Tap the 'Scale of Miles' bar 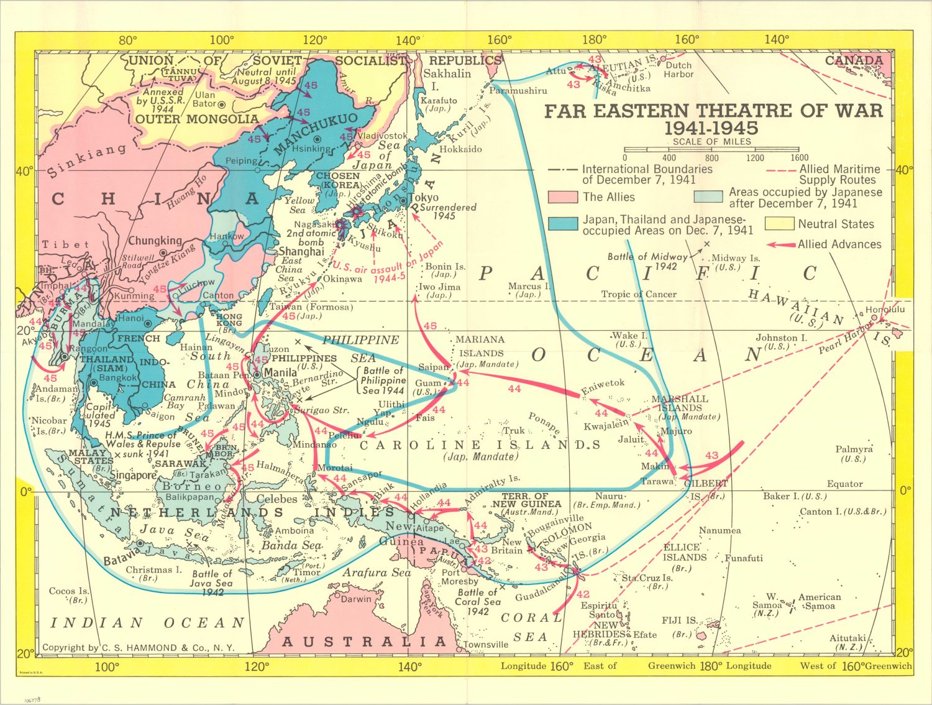[711, 149]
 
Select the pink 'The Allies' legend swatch [563, 198]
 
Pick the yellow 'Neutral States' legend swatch [779, 224]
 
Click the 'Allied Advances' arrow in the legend [782, 245]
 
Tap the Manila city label [280, 372]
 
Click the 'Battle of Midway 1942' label [647, 260]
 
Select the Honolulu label [885, 309]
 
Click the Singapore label [133, 475]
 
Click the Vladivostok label [383, 136]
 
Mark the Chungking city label [155, 241]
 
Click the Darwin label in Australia [356, 599]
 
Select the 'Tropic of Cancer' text [638, 294]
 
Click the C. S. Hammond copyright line [138, 648]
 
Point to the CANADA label [853, 60]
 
